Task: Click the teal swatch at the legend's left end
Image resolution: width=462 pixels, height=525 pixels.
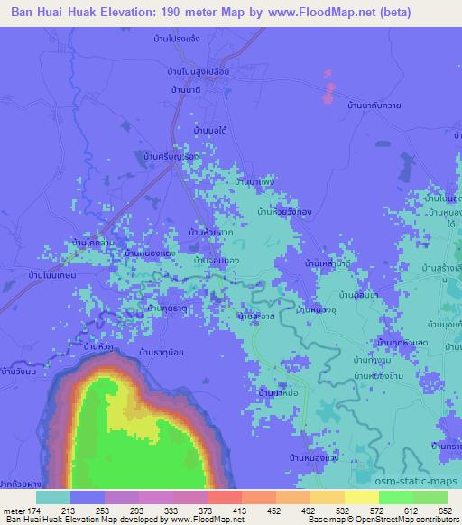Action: point(53,497)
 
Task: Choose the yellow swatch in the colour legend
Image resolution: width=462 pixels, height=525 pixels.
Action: point(361,497)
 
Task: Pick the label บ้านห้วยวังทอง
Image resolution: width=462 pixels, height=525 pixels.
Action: point(285,213)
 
